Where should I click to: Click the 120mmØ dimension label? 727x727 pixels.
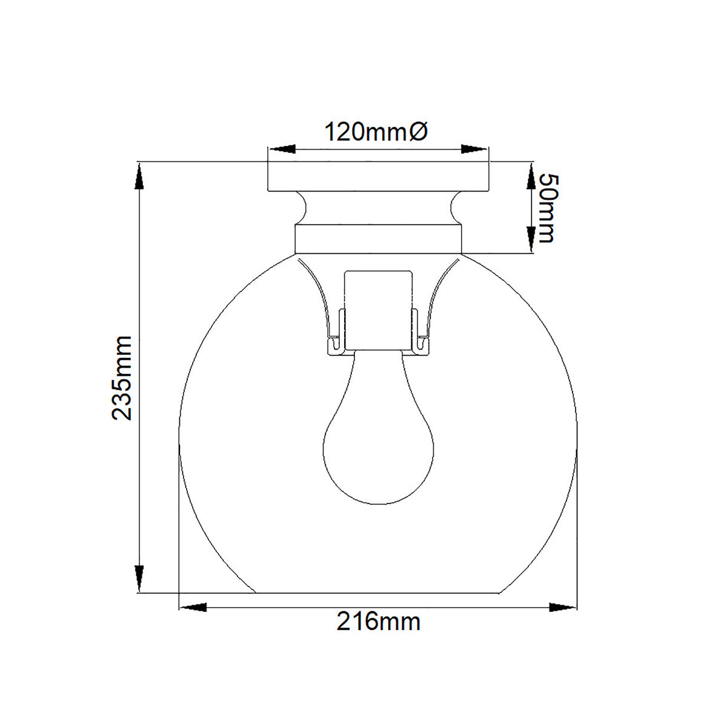(x=377, y=131)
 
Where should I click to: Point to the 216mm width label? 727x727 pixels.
(x=378, y=622)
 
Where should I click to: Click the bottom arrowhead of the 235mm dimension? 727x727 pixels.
(x=139, y=579)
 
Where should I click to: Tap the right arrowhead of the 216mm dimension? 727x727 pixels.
(x=562, y=606)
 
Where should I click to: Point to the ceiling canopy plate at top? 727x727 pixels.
(x=378, y=176)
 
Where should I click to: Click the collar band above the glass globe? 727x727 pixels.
(x=378, y=239)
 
